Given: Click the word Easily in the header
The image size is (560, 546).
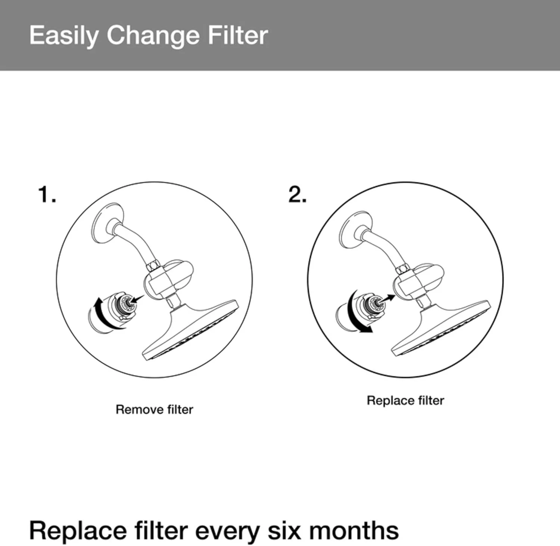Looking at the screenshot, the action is pyautogui.click(x=64, y=36).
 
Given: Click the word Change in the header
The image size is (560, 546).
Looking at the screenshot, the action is pyautogui.click(x=153, y=36).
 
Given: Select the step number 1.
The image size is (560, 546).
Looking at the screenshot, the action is pyautogui.click(x=47, y=194).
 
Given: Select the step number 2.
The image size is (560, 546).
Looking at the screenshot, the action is pyautogui.click(x=297, y=194).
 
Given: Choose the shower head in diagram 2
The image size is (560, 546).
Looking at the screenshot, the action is pyautogui.click(x=441, y=328).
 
